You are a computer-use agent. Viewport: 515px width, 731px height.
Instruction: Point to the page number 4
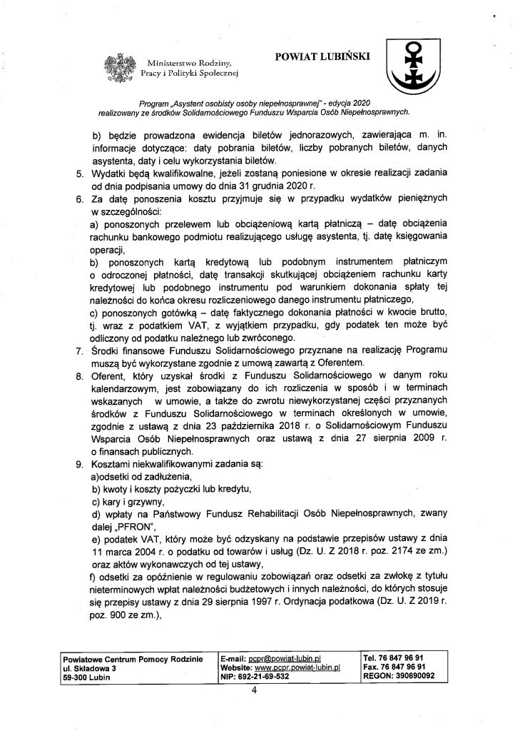(x=254, y=690)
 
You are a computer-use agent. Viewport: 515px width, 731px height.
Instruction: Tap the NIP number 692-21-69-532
(x=269, y=675)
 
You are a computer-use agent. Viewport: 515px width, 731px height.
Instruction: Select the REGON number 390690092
(x=405, y=675)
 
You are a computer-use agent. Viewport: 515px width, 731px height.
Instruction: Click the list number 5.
(x=80, y=173)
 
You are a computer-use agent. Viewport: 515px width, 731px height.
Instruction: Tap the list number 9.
(x=80, y=465)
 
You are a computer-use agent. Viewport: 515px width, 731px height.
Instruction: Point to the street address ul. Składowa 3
(x=89, y=665)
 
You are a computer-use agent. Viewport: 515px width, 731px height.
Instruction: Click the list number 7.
(x=80, y=351)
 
